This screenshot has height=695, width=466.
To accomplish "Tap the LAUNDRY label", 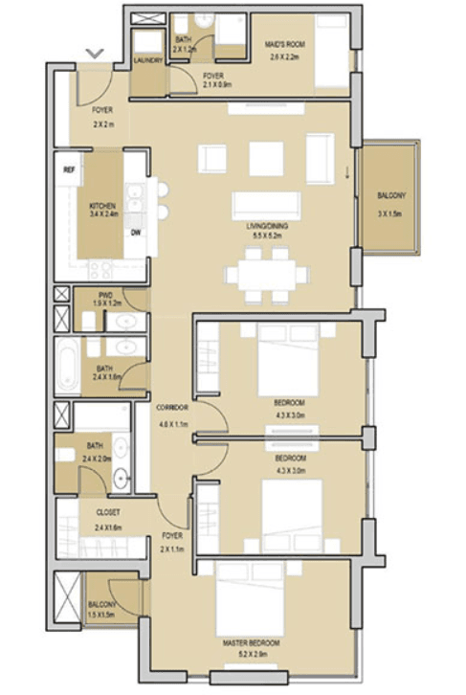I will point(148,58).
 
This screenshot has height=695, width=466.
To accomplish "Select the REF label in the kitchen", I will point(69,169).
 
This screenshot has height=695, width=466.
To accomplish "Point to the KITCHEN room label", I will point(102,205).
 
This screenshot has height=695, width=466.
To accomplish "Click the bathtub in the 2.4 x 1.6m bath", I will point(66,363).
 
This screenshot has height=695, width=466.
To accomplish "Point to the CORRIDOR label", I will point(172,408).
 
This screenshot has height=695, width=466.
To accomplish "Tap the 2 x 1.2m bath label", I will point(184,44).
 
